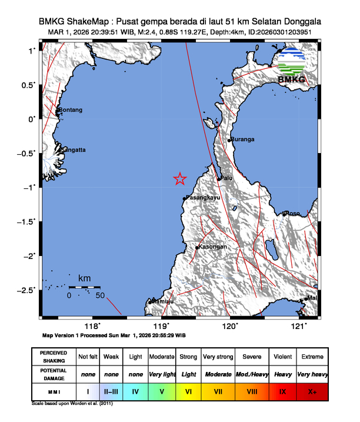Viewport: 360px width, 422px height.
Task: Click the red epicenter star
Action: coord(180,179)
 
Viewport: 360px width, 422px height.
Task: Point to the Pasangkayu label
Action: coord(203,198)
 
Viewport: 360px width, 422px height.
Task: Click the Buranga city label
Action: coord(243,139)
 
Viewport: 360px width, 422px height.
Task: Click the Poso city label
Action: coord(292,213)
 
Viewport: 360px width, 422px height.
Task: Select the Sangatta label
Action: coord(73,150)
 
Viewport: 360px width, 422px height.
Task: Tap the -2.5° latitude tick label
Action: coord(26,290)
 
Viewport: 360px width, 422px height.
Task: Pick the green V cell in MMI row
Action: coord(162,390)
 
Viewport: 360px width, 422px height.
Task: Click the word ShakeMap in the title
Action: coord(92,22)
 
